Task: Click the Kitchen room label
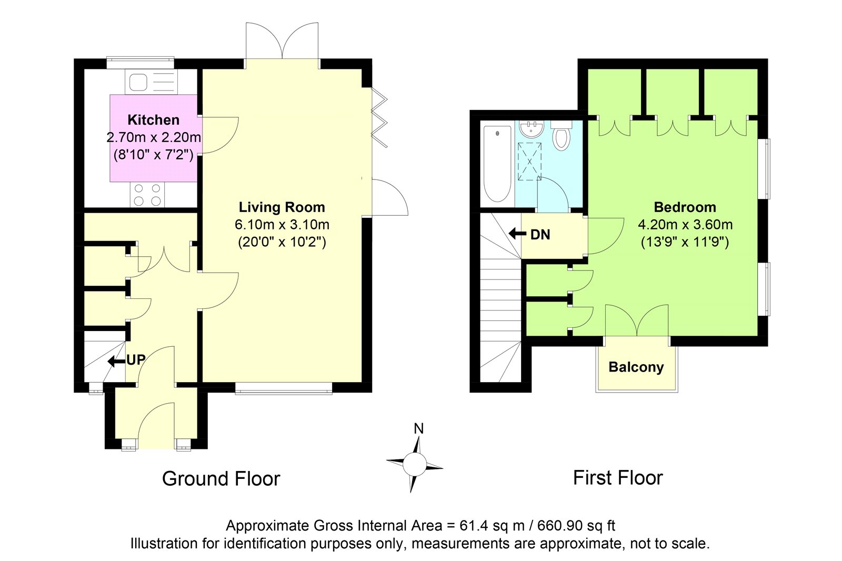pos(153,120)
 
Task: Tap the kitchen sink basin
pos(138,82)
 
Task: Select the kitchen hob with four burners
pos(147,195)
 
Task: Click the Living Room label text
pos(282,207)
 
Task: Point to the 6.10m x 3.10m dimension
pos(282,225)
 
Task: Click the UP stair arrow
pos(116,362)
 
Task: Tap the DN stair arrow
pos(518,234)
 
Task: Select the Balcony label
pos(636,367)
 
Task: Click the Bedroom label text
pos(685,207)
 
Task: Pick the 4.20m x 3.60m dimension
pos(685,225)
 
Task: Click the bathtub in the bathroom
pos(497,164)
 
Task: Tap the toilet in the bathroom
pos(561,136)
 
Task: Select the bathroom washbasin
pos(531,128)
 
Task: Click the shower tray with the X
pos(529,162)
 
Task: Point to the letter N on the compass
pos(418,429)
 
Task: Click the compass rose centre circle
pos(415,464)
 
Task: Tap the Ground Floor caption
pos(221,479)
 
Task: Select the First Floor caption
pos(618,478)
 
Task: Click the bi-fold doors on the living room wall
pos(379,117)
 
